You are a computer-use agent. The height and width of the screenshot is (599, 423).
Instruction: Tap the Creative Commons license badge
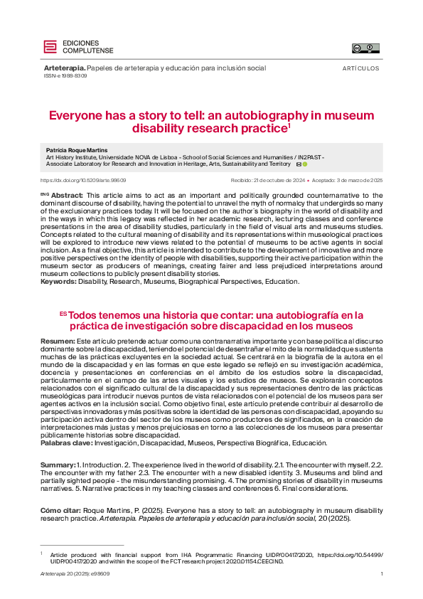point(365,48)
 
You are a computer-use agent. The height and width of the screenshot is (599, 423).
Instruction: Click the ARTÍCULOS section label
point(361,69)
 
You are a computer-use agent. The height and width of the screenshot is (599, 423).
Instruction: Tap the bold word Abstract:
point(68,195)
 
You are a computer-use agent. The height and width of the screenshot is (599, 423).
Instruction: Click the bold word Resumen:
point(58,341)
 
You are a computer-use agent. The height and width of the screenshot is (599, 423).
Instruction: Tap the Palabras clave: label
point(66,442)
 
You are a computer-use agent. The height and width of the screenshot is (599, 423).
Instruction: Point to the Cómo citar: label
point(61,510)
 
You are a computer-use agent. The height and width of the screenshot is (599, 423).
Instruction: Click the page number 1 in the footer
point(382,574)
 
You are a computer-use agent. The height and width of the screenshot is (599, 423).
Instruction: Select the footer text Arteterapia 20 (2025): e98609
point(75,574)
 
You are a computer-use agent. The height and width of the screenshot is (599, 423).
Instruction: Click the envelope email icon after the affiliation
point(299,164)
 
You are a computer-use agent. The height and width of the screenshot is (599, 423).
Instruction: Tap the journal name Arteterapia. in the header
point(64,68)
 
